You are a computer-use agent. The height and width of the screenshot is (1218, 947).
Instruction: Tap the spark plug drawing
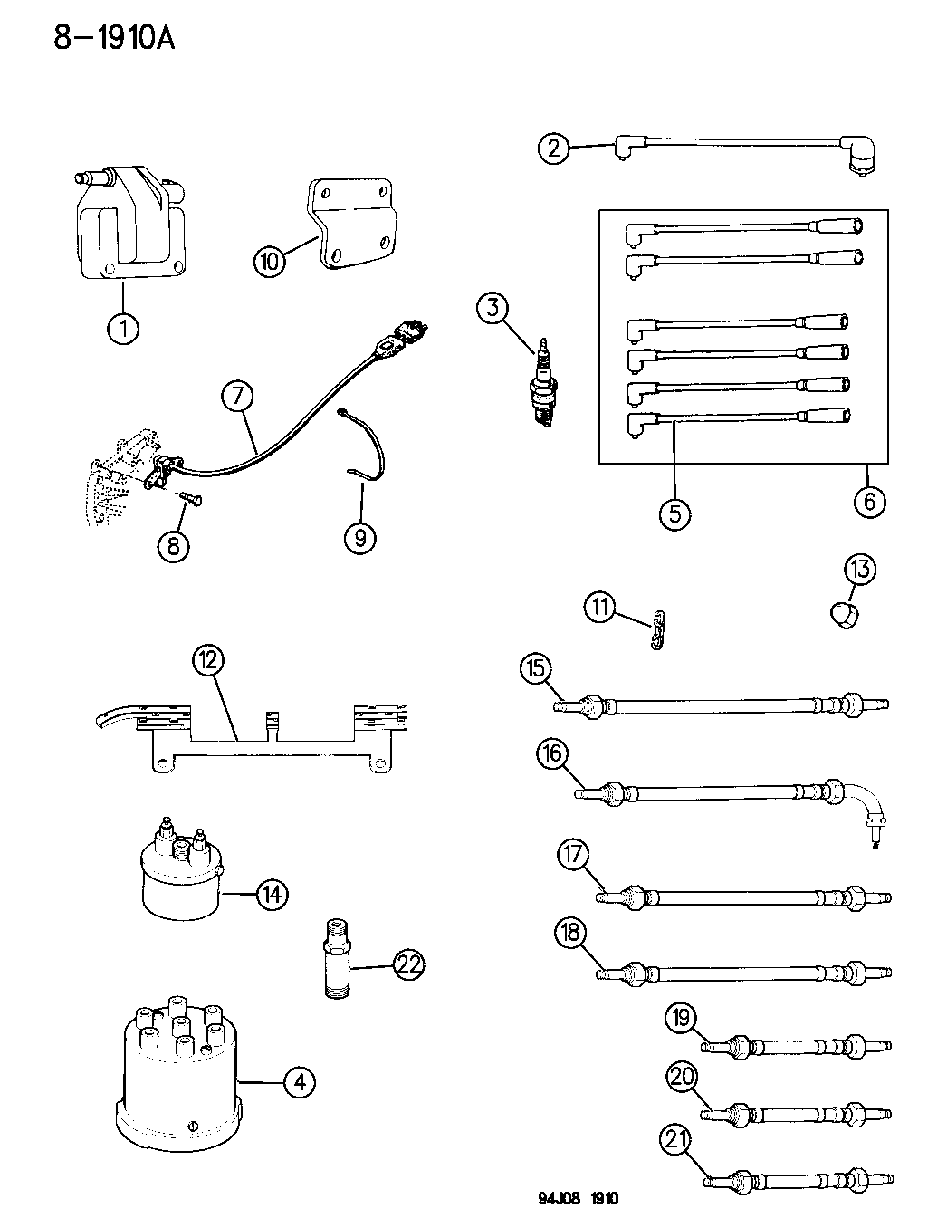(x=543, y=384)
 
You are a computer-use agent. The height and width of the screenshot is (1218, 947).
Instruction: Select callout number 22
(x=409, y=965)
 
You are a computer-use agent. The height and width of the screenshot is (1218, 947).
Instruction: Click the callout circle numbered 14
(x=271, y=895)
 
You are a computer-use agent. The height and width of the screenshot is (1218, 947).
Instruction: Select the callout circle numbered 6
(x=869, y=501)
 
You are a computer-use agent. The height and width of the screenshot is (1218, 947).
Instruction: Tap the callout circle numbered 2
(x=554, y=147)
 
